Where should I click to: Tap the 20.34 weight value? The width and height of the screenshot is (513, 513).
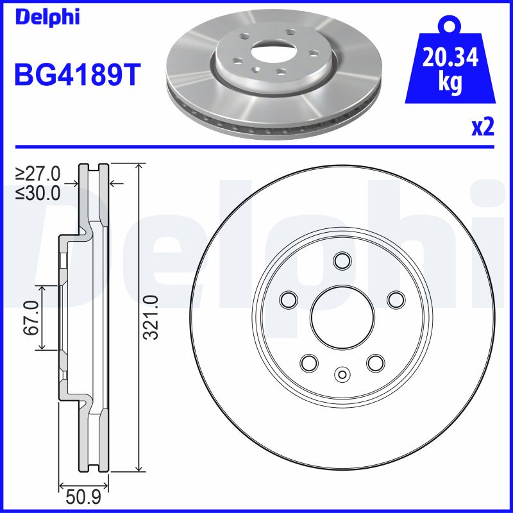pyautogui.click(x=450, y=59)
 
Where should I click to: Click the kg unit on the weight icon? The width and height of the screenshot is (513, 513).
pyautogui.click(x=450, y=84)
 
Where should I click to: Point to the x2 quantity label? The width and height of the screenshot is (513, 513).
pyautogui.click(x=482, y=128)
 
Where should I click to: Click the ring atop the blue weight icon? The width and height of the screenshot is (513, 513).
pyautogui.click(x=450, y=26)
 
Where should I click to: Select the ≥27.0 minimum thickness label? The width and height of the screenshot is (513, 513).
pyautogui.click(x=38, y=174)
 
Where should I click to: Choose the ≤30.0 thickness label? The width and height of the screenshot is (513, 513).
pyautogui.click(x=38, y=192)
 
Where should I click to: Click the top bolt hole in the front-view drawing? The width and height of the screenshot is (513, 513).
pyautogui.click(x=342, y=260)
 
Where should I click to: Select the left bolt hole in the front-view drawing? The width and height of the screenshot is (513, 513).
pyautogui.click(x=289, y=299)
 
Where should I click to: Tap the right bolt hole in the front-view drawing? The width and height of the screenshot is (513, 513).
pyautogui.click(x=395, y=299)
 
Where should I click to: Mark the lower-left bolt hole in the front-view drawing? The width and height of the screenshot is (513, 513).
pyautogui.click(x=309, y=362)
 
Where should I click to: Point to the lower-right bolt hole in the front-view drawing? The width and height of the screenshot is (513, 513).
pyautogui.click(x=375, y=362)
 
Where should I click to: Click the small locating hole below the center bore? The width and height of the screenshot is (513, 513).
pyautogui.click(x=342, y=374)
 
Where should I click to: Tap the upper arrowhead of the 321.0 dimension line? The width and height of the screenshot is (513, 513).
pyautogui.click(x=139, y=167)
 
